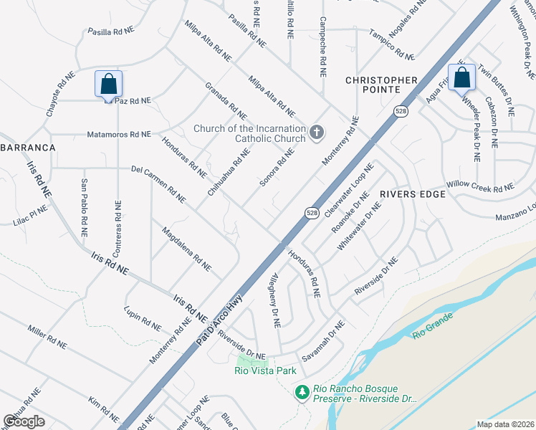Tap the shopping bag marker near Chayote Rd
108,84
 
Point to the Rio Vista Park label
265,371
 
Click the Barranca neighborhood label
27,147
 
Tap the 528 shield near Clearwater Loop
312,213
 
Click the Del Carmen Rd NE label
158,181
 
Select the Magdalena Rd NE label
186,249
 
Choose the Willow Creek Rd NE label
480,186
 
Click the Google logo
24,421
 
